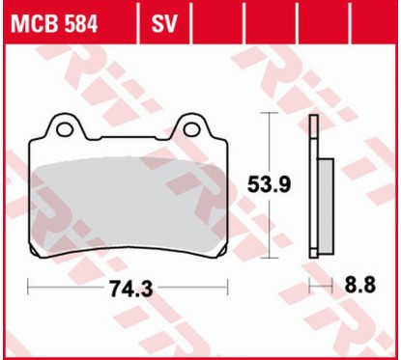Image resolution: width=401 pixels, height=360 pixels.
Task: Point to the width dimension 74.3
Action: click(128, 287)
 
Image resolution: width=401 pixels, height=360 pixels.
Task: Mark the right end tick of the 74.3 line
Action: click(226, 287)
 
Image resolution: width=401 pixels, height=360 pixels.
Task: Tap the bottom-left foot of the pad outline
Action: click(39, 257)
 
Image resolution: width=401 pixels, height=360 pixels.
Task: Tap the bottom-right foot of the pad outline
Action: click(218, 257)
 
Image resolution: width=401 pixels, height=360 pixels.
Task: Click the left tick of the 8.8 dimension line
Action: click(310, 287)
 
